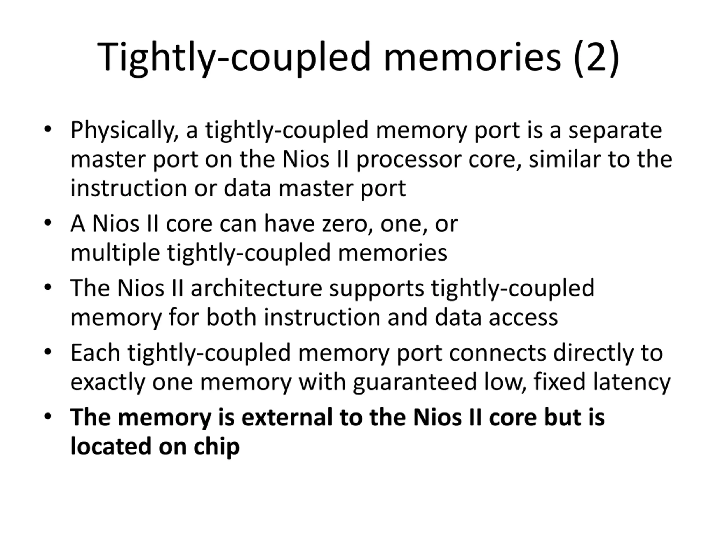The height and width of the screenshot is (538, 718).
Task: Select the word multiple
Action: (115, 253)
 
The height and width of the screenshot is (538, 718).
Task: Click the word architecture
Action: (256, 288)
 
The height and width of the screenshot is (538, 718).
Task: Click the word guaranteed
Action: (415, 382)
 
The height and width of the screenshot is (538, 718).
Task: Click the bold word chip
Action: (217, 447)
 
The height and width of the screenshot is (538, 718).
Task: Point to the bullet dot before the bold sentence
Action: (48, 416)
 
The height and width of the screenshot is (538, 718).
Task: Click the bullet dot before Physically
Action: (48, 129)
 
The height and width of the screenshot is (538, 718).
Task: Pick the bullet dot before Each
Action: (48, 352)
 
